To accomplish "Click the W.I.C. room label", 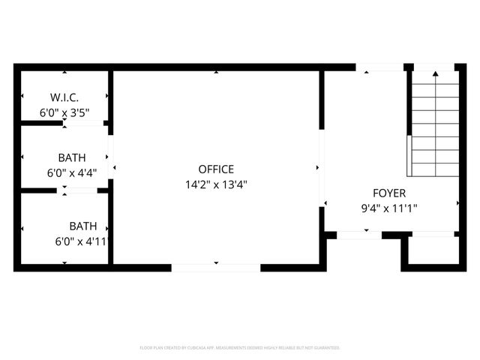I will click(64, 97).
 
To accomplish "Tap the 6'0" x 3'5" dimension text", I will click(64, 113).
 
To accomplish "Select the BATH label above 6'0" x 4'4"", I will click(72, 157).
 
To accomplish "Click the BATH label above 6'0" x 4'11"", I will click(83, 226).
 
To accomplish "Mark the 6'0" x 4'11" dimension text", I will click(82, 241).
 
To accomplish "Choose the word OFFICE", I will click(216, 169).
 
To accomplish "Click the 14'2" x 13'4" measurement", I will click(216, 184).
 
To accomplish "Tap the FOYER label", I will click(388, 193).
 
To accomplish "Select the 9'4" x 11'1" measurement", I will click(388, 208).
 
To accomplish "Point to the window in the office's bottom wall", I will click(216, 267).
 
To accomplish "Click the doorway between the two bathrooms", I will click(77, 190).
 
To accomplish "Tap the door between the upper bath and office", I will click(111, 157).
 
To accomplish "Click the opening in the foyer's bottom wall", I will click(358, 235).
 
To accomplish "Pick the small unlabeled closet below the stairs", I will click(433, 250).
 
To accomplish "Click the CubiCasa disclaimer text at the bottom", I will click(240, 348).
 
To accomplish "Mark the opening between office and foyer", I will click(322, 168).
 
